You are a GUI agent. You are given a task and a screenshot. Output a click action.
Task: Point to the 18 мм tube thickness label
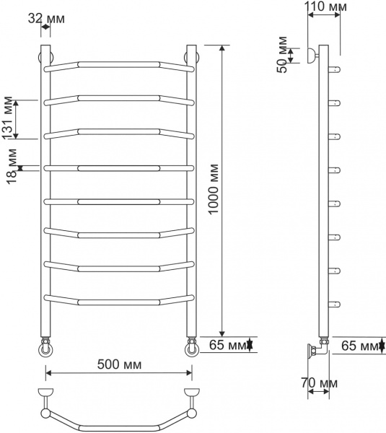tap(9, 169)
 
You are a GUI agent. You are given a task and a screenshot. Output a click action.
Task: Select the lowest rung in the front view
tap(119, 299)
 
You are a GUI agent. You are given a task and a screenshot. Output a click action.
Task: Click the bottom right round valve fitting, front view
tap(193, 350)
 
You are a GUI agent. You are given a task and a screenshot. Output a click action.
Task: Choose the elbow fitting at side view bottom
tap(317, 351)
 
